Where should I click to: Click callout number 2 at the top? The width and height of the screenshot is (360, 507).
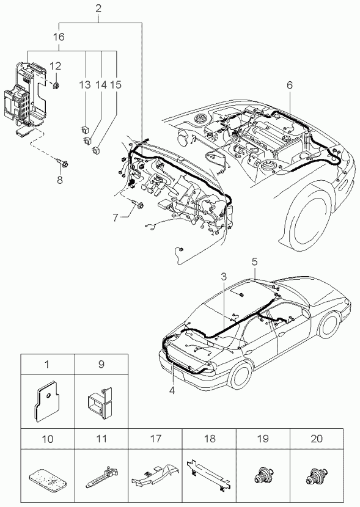98,9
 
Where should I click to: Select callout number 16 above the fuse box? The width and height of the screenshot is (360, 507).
59,37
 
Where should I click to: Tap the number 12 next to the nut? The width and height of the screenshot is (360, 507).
55,67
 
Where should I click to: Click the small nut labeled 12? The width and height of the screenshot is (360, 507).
56,86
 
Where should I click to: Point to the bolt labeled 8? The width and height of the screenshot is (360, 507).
64,164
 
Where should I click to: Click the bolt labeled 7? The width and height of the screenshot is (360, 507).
138,205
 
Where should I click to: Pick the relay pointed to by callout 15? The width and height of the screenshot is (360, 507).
96,150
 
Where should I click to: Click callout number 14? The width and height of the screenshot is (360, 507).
101,85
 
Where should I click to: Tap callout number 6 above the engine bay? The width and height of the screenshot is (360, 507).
289,85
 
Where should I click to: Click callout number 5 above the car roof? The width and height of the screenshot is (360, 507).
254,261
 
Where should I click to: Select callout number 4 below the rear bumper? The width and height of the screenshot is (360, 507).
172,390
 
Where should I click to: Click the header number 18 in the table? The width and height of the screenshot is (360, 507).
210,439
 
